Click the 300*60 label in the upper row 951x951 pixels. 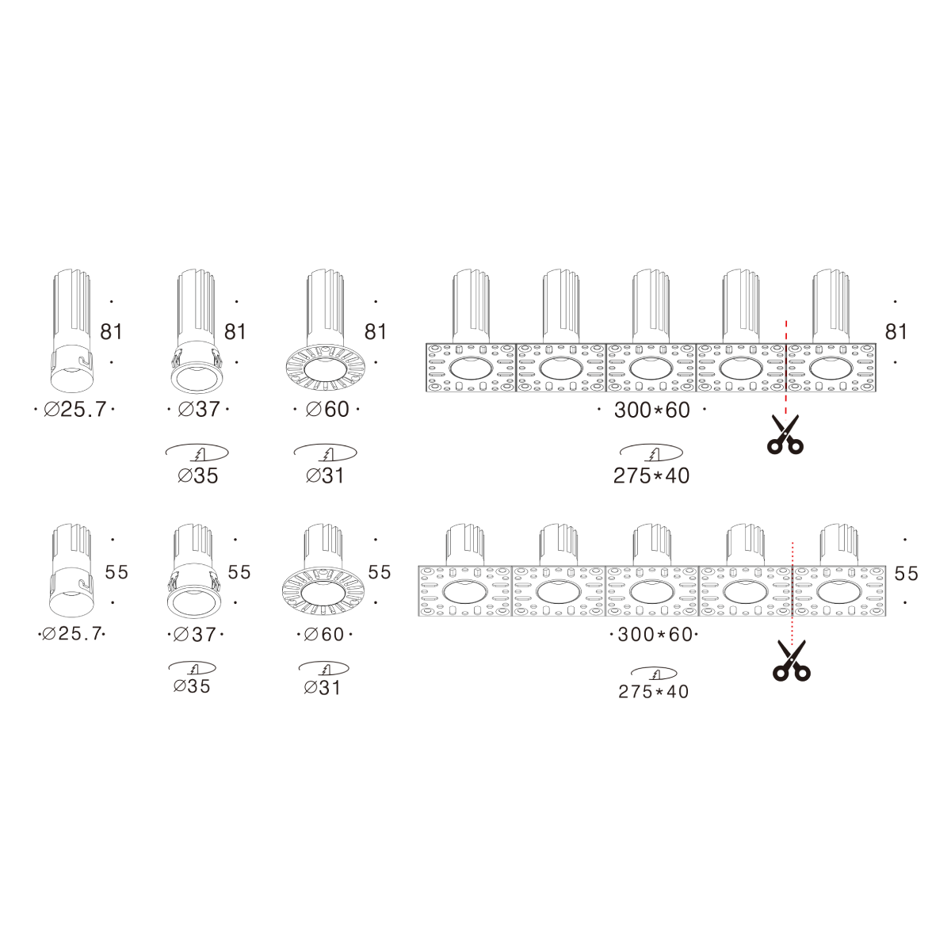[652, 410]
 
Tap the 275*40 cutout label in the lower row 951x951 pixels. [653, 691]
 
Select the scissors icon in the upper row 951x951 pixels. [785, 435]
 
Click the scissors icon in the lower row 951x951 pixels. [792, 661]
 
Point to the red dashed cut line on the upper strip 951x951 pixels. [786, 370]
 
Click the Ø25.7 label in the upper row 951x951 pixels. [75, 409]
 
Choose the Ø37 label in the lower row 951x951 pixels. [195, 634]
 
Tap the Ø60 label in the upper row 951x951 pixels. [327, 409]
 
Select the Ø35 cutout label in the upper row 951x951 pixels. [198, 475]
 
